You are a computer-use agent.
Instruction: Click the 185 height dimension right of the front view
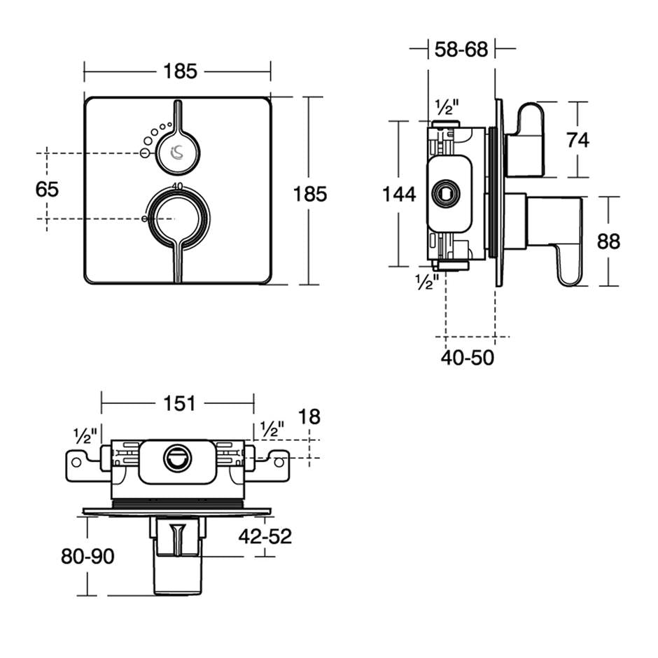point(310,194)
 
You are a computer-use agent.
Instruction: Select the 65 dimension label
point(48,189)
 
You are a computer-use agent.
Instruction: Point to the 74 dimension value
point(577,140)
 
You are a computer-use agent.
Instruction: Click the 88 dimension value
point(608,241)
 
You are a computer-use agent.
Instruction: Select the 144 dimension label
point(399,194)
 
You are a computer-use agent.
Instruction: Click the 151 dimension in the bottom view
point(180,403)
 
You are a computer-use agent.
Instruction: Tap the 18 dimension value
point(309,417)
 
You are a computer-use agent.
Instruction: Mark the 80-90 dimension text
point(87,556)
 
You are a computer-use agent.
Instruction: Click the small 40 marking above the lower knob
point(177,185)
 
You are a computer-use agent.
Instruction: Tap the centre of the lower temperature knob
point(176,219)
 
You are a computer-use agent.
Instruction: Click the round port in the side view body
point(444,194)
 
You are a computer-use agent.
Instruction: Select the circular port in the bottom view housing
point(176,459)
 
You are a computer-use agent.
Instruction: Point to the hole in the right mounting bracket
point(279,462)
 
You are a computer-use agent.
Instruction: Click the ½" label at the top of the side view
point(446,108)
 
